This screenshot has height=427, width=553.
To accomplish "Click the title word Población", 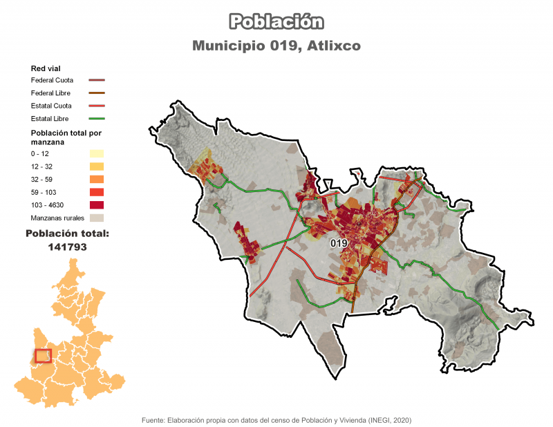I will [x=276, y=22].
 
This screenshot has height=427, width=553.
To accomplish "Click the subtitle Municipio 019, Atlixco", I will [x=276, y=46].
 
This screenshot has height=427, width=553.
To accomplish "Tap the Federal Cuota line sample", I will [x=96, y=80].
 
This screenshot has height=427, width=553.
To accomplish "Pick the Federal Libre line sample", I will [x=96, y=93].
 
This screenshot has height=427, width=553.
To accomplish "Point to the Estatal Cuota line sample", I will [x=96, y=106].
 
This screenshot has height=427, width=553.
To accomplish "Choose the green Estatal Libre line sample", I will [x=96, y=120].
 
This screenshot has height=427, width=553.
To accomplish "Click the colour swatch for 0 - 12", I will [x=96, y=153].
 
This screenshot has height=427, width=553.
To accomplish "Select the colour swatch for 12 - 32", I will [x=96, y=167].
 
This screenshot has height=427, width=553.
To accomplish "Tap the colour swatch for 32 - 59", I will [x=96, y=179].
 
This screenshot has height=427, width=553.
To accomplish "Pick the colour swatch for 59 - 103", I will [x=96, y=192].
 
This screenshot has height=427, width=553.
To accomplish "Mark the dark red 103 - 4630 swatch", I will [x=96, y=205].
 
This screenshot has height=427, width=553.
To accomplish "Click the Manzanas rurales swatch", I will [x=96, y=218].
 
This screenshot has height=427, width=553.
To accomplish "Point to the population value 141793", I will [x=67, y=246].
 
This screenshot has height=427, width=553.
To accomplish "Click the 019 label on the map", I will [x=339, y=244].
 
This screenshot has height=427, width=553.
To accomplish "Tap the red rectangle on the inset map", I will [x=43, y=355].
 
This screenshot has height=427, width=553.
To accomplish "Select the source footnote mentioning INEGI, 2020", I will [x=276, y=419].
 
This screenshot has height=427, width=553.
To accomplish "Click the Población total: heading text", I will [x=67, y=234].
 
